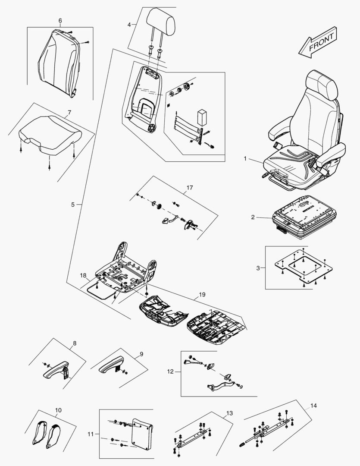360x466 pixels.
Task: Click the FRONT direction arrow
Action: (x=317, y=42)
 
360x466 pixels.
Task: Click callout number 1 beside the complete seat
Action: (x=245, y=159)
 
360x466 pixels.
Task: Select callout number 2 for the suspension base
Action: (x=253, y=217)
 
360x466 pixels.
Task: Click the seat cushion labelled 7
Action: (x=50, y=134)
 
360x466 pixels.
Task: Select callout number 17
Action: (x=190, y=188)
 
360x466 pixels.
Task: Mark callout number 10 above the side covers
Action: (x=59, y=409)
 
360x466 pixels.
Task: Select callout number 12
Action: (x=170, y=371)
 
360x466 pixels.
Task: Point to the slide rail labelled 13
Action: (x=194, y=438)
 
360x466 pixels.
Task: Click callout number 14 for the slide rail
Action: (x=313, y=406)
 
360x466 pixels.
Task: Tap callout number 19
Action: (x=202, y=295)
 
